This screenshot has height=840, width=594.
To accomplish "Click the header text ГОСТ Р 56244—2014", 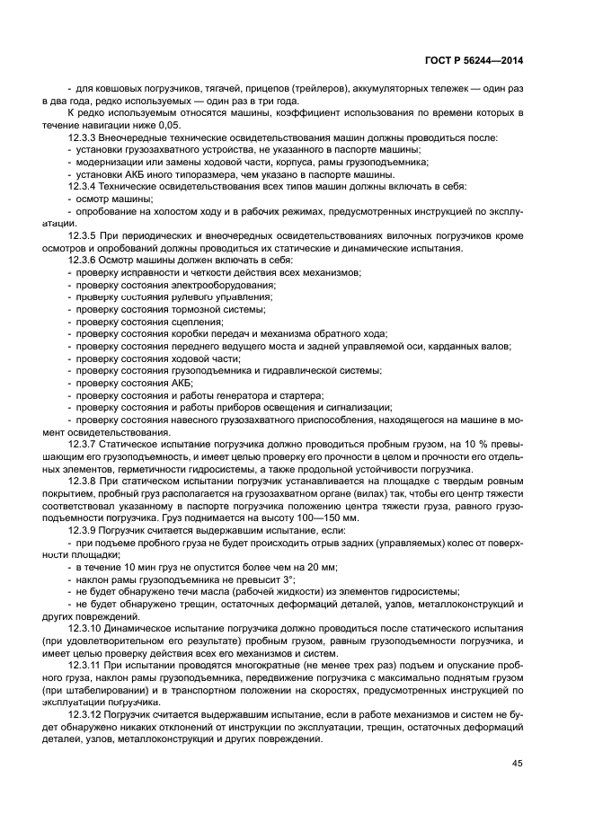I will click(473, 60).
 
